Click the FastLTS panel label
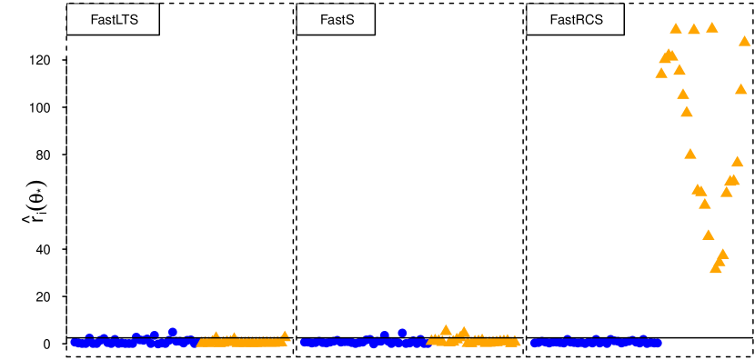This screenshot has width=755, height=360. pyautogui.click(x=114, y=19)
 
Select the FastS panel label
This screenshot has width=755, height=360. pyautogui.click(x=336, y=19)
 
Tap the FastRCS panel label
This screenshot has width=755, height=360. pyautogui.click(x=576, y=19)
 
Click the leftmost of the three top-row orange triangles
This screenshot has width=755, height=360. pyautogui.click(x=676, y=28)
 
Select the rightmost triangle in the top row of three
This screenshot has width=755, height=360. pyautogui.click(x=712, y=27)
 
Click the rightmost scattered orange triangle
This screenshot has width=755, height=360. pyautogui.click(x=745, y=40)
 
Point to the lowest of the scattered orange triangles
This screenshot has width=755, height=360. pyautogui.click(x=716, y=268)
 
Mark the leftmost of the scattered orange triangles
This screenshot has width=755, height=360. pyautogui.click(x=661, y=73)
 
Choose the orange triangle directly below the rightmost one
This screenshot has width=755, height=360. pyautogui.click(x=741, y=89)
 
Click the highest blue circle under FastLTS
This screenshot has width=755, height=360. pyautogui.click(x=172, y=332)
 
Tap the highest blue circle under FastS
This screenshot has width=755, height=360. pyautogui.click(x=402, y=333)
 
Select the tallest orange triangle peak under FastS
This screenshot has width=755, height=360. pyautogui.click(x=446, y=329)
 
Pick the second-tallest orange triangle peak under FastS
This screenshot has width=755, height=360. pyautogui.click(x=463, y=332)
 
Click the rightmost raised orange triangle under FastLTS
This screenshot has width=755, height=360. pyautogui.click(x=285, y=335)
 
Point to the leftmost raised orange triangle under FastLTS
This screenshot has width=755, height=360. pyautogui.click(x=216, y=335)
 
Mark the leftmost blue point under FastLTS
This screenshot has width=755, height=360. pyautogui.click(x=75, y=342)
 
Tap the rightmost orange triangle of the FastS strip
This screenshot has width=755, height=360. pyautogui.click(x=516, y=342)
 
